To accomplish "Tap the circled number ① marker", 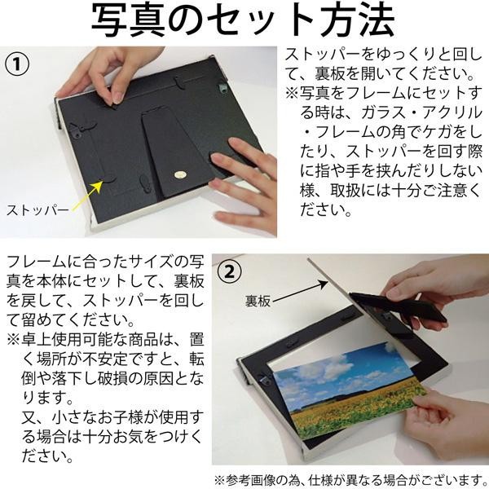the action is [x=17, y=64].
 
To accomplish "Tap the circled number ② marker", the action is [x=229, y=271].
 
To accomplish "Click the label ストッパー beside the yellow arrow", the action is [x=37, y=210].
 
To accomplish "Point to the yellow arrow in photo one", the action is [x=87, y=196].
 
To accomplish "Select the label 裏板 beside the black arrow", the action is [x=258, y=301].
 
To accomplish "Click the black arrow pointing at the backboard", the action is [x=300, y=292].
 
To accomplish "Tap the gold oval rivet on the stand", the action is [x=180, y=174].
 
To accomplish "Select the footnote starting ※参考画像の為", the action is [x=351, y=478].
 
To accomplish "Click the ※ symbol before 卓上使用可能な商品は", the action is [x=13, y=340].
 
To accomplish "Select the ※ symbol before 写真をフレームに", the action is [x=292, y=94].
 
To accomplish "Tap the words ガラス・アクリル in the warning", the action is [x=421, y=112].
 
